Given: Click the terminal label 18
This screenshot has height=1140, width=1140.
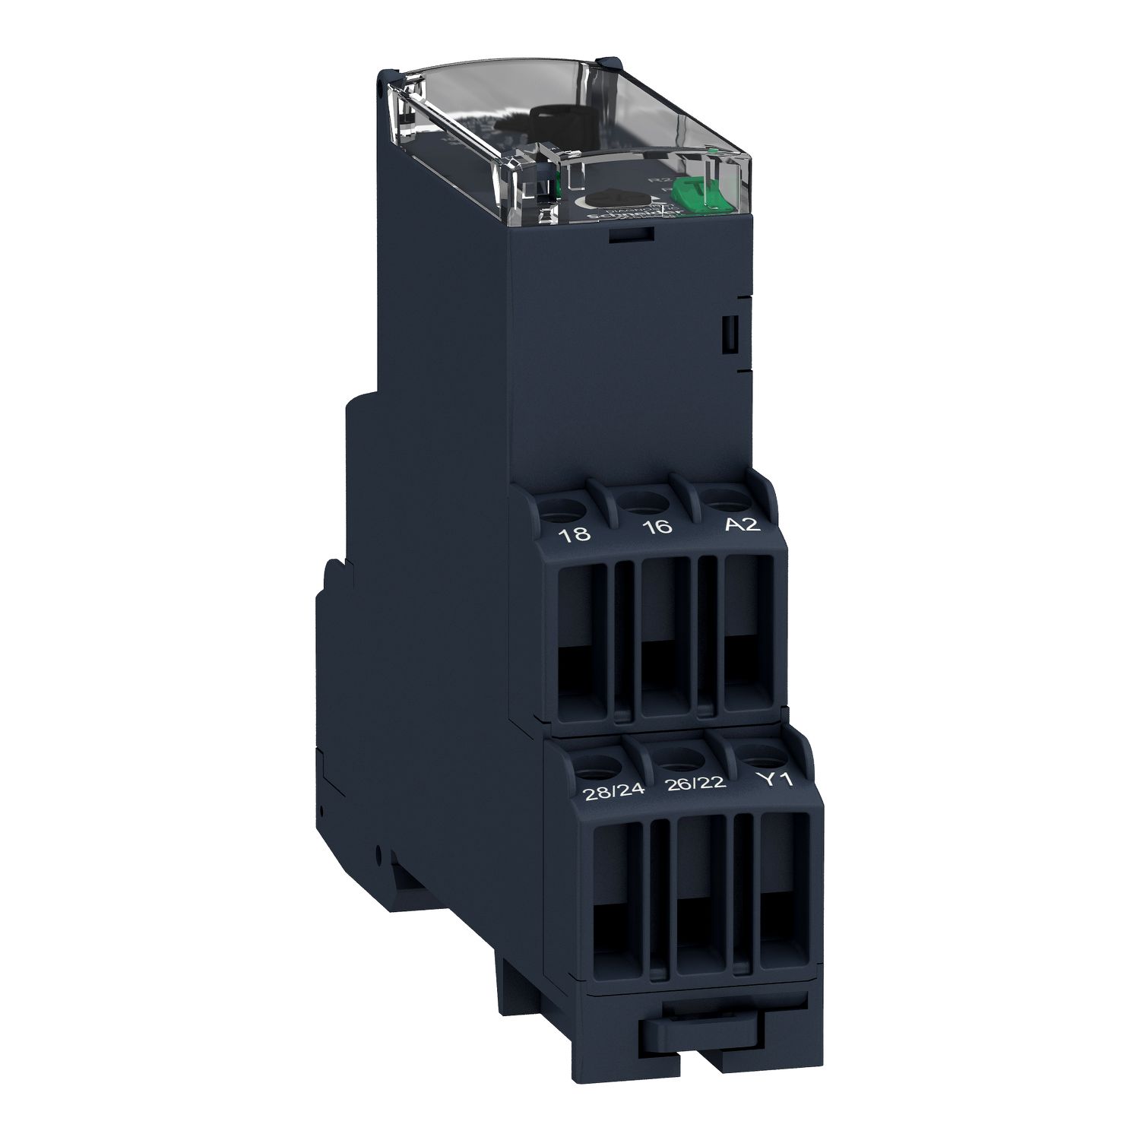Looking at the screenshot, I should click(x=574, y=534).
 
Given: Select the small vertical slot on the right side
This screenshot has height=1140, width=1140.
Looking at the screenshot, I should click(x=727, y=334).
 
